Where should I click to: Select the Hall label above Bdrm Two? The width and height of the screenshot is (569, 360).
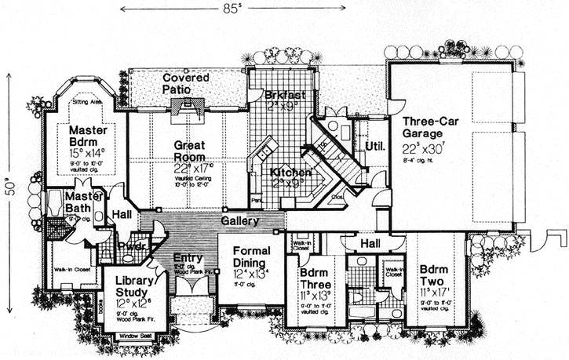click(x=370, y=244)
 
